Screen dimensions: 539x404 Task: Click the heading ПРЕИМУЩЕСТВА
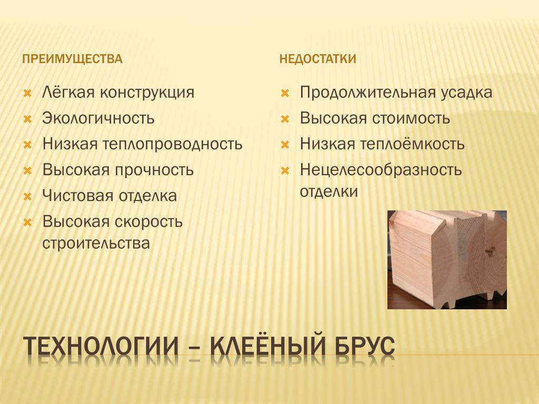click(x=72, y=59)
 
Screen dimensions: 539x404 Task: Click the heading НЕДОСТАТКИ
click(x=317, y=59)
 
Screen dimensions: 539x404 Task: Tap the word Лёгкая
click(x=68, y=92)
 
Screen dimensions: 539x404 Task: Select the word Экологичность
click(x=98, y=118)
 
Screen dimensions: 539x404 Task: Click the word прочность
click(x=154, y=170)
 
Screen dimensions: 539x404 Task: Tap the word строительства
click(x=96, y=243)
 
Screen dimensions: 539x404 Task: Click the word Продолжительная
click(x=365, y=93)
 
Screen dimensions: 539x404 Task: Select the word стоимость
click(x=411, y=118)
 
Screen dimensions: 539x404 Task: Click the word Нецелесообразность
click(x=381, y=170)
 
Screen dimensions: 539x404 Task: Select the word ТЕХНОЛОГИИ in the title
click(x=101, y=346)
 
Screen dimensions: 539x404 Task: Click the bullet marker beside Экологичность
click(x=27, y=119)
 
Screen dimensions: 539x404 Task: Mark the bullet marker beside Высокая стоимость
click(x=285, y=119)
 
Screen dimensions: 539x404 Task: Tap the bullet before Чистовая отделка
click(x=27, y=197)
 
